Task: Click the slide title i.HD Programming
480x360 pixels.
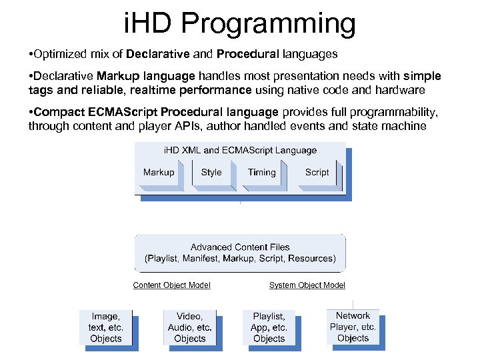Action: [240, 24]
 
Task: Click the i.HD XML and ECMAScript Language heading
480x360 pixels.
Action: [240, 151]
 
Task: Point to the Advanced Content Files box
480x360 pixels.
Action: [240, 253]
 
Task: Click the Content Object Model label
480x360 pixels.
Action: [172, 285]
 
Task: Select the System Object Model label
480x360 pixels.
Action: [307, 285]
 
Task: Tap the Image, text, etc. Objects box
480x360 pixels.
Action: [106, 327]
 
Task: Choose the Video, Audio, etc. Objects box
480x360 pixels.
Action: [190, 327]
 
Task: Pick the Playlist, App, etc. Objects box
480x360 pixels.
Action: [269, 327]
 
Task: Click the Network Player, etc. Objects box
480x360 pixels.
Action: [353, 327]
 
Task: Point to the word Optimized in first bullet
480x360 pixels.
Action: [58, 53]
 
